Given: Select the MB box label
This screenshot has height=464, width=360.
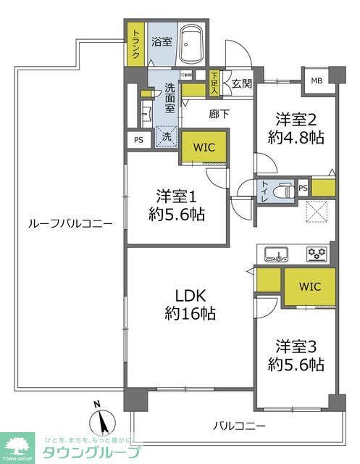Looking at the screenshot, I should (317, 80).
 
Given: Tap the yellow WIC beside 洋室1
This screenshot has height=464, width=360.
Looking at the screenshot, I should (204, 147).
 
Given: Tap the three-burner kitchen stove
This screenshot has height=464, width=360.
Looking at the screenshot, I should (317, 254).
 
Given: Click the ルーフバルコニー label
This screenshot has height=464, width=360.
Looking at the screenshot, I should (70, 224).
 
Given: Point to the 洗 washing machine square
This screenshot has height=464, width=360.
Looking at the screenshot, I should (166, 136).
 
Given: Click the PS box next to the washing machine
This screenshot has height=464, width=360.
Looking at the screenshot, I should (138, 141).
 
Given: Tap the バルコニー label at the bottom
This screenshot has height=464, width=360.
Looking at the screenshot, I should (238, 426).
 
